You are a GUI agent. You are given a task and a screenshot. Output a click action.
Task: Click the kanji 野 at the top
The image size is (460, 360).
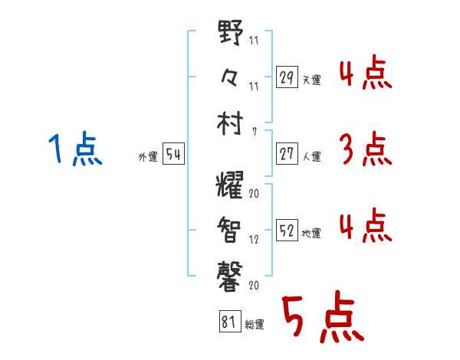click(231, 35)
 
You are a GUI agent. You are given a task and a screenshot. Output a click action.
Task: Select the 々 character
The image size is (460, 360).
click(231, 77)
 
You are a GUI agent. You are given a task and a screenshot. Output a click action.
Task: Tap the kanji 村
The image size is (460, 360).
click(231, 123)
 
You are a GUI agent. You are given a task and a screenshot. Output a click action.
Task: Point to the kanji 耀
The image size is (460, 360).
click(231, 185)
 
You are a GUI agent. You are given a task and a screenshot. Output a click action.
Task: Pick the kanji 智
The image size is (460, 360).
click(231, 227)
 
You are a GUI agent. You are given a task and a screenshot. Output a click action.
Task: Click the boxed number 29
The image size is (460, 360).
click(287, 77)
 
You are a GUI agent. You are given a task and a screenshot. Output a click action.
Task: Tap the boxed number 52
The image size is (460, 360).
click(287, 230)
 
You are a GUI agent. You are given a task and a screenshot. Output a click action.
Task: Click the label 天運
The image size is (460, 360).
click(311, 80)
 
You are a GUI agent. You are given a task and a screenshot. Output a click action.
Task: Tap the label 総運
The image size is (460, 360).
click(255, 325)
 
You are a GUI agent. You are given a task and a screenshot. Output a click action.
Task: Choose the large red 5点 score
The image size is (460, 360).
click(322, 318)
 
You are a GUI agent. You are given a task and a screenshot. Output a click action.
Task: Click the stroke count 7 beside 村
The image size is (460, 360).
click(254, 131)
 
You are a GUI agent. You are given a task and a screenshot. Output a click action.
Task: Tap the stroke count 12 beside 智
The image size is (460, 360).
click(254, 239)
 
